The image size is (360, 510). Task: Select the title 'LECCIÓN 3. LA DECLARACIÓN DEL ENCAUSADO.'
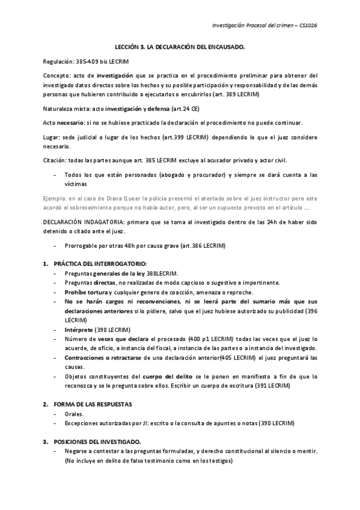[180, 46]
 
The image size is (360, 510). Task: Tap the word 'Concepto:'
[56, 76]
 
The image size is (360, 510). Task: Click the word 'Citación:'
[55, 161]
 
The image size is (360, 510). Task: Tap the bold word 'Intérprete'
[79, 330]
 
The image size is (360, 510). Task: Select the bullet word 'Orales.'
[75, 414]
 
